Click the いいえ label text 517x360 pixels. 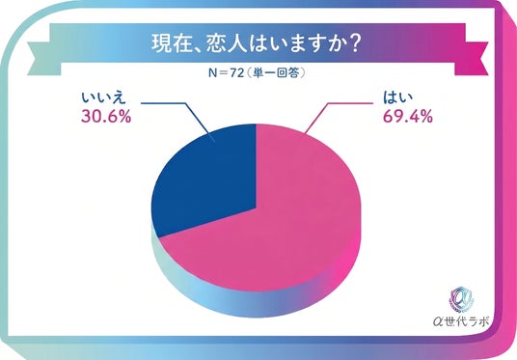pyautogui.click(x=103, y=98)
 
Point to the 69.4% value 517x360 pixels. pyautogui.click(x=408, y=116)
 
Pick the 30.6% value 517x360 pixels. pyautogui.click(x=106, y=116)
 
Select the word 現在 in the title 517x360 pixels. pyautogui.click(x=172, y=43)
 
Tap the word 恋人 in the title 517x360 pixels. pyautogui.click(x=227, y=43)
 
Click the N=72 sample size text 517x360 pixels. pyautogui.click(x=226, y=73)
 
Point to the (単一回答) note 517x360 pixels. pyautogui.click(x=275, y=73)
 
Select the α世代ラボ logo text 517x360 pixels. pyautogui.click(x=461, y=321)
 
